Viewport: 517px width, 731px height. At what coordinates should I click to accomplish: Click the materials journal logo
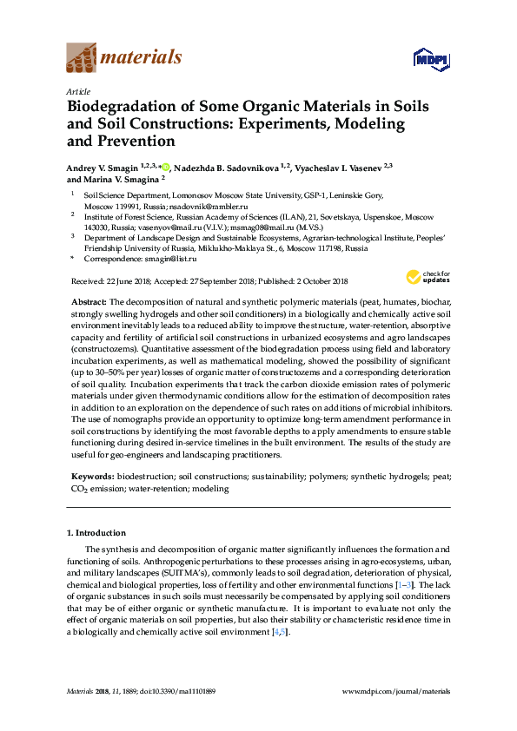pos(123,59)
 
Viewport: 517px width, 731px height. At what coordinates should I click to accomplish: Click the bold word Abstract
pos(88,300)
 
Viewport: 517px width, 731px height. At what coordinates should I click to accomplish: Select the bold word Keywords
pos(91,477)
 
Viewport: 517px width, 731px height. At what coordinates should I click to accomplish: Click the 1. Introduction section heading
pos(96,532)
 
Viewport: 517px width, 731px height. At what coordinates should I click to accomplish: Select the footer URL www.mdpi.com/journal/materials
pos(397,691)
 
